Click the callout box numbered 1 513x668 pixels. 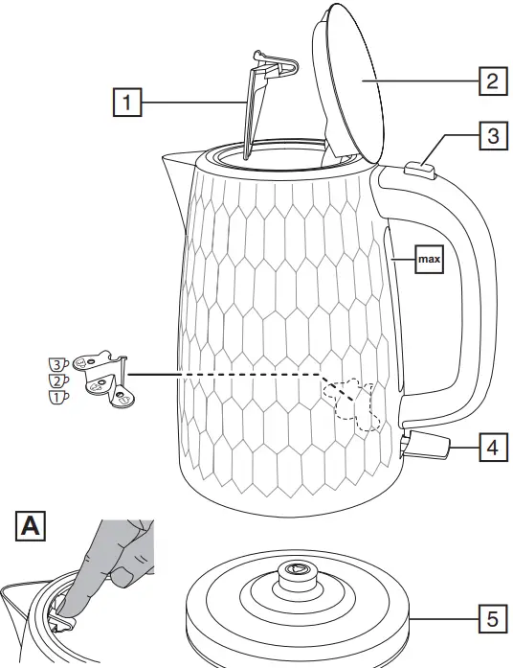[128, 102]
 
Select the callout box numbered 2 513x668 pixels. [491, 81]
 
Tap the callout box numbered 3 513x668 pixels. [491, 136]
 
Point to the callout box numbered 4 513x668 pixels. [491, 448]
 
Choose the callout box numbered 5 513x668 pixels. [491, 619]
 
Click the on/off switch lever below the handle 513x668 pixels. [432, 445]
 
